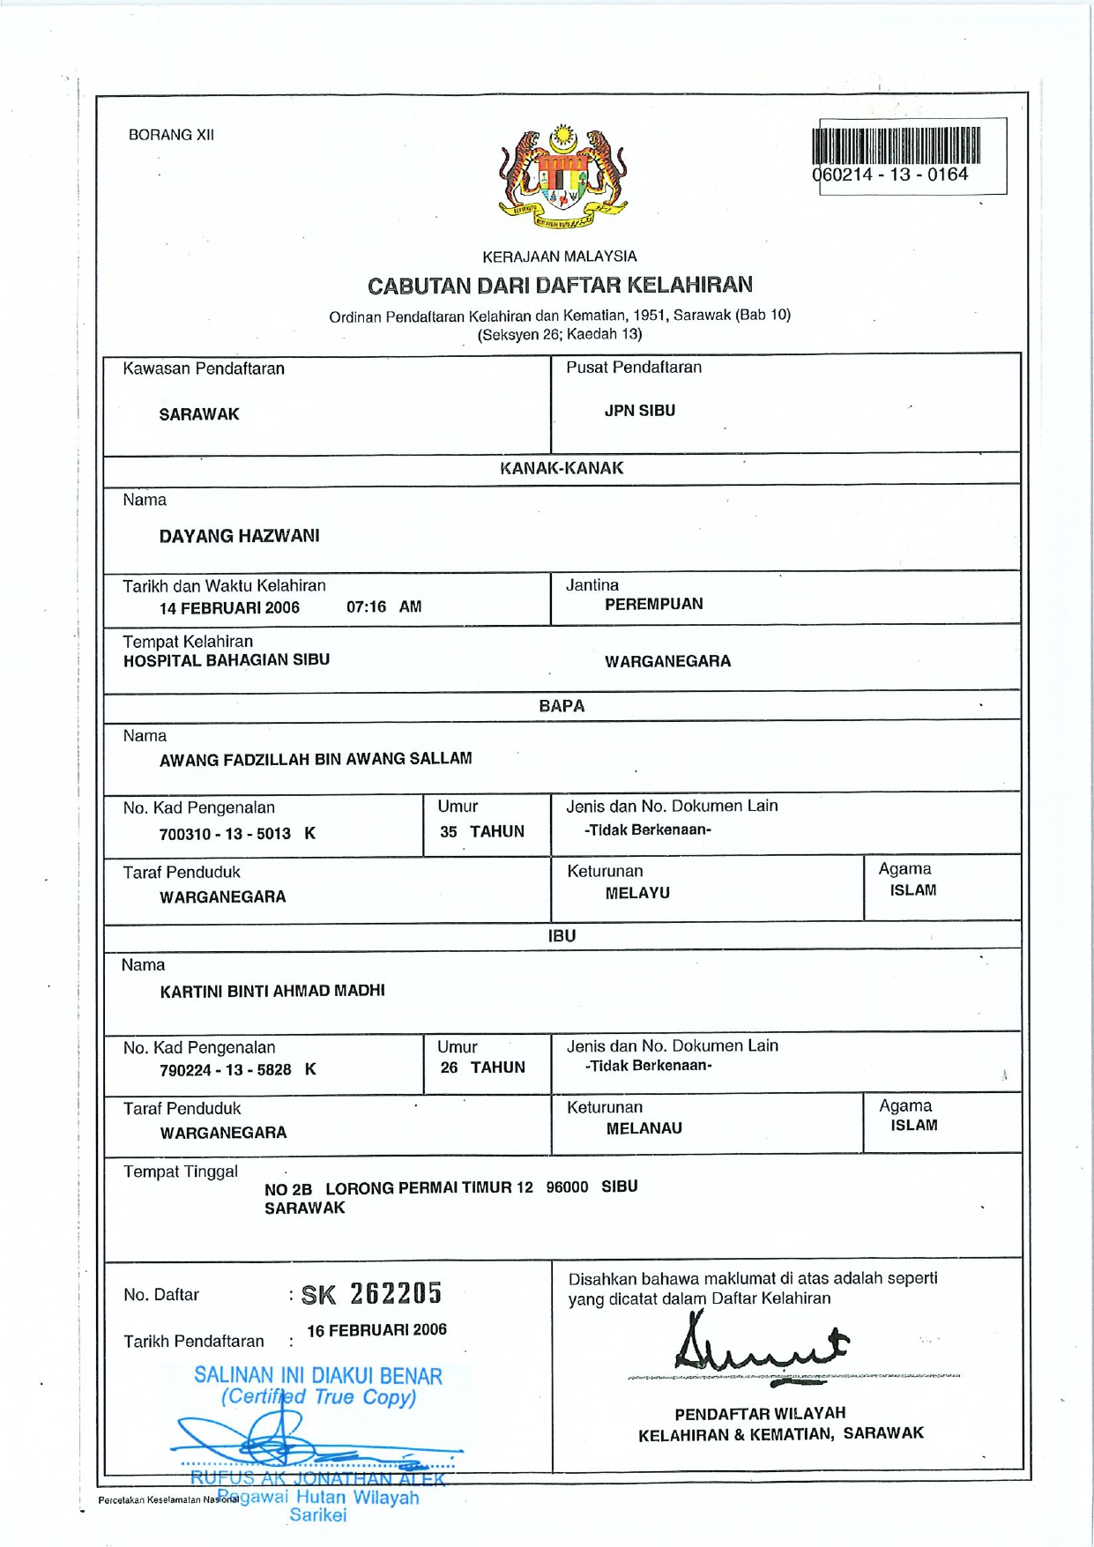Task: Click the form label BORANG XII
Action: [x=171, y=135]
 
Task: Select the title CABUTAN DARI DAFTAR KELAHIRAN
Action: [x=560, y=285]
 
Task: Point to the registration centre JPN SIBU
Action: [x=639, y=411]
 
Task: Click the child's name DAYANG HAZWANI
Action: [x=239, y=536]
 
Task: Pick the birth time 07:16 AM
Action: [x=383, y=606]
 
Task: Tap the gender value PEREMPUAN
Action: [x=653, y=604]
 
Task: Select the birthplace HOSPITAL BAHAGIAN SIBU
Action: [x=226, y=660]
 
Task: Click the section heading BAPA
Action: [x=562, y=706]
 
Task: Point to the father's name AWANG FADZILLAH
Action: [x=315, y=759]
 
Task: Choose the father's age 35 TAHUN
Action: [x=482, y=831]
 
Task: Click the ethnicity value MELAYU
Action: [x=637, y=893]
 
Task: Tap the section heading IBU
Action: [x=562, y=936]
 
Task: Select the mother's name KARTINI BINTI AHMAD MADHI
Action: [x=272, y=991]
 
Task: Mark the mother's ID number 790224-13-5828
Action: [x=226, y=1070]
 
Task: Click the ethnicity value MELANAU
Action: [x=644, y=1128]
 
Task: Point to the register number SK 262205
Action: [x=371, y=1294]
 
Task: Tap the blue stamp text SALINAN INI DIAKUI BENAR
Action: [x=318, y=1376]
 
